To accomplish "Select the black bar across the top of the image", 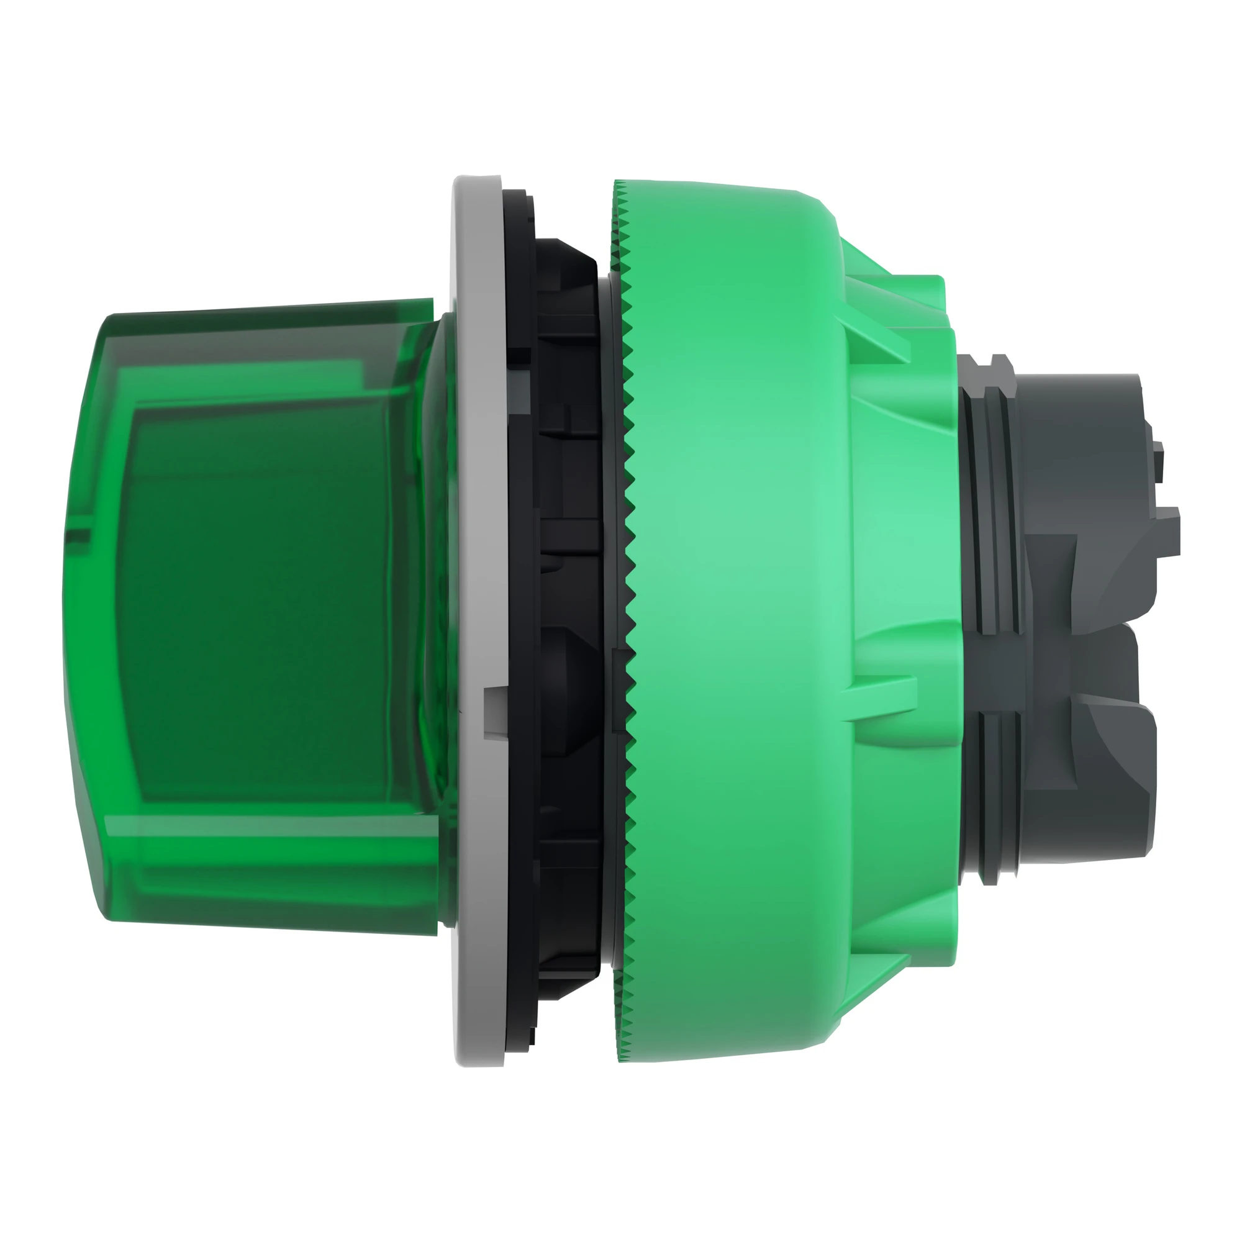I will click(x=621, y=61).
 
